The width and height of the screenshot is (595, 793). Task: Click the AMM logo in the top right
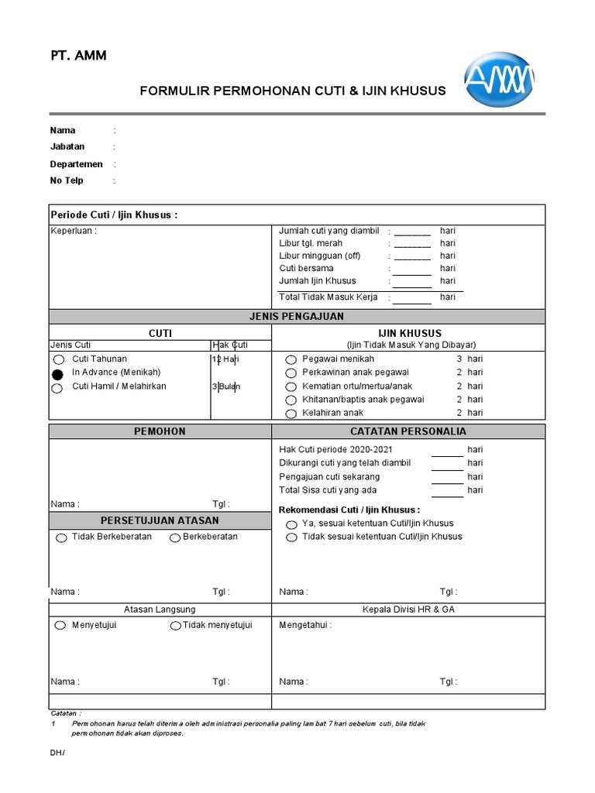point(499,80)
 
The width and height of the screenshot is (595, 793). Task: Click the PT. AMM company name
point(79,56)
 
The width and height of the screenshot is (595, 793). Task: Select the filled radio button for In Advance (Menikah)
point(58,374)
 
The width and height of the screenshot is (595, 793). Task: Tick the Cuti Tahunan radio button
point(58,360)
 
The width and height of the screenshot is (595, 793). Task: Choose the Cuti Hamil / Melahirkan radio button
point(58,388)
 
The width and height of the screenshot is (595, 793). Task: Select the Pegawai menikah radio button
point(291,360)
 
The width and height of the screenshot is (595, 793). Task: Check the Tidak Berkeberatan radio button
point(61,538)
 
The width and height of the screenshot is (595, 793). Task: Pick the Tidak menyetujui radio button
point(177,626)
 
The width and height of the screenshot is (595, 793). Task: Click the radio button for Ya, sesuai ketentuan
point(291,524)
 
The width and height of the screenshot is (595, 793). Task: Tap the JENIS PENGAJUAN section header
point(297,317)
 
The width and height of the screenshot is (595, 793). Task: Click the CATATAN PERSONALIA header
point(408,431)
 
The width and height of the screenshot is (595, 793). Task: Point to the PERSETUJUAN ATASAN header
point(160,520)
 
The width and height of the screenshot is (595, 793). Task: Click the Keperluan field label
point(74,231)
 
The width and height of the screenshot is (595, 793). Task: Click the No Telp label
point(67,180)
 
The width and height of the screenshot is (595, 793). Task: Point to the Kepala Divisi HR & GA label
point(408,609)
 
